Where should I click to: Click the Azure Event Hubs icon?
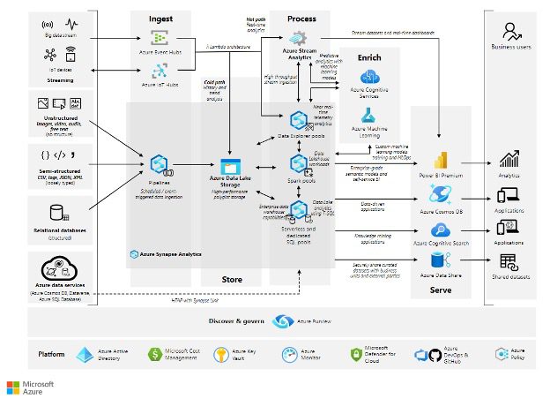(x=160, y=38)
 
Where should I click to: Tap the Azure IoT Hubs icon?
(x=160, y=71)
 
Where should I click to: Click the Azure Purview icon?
(x=283, y=321)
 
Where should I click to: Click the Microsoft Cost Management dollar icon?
(x=155, y=355)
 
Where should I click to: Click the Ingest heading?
(x=160, y=17)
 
